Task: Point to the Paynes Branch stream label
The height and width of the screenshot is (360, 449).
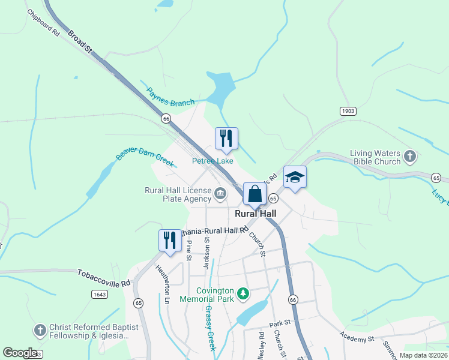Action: click(x=170, y=97)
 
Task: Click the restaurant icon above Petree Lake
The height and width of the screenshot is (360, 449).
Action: click(x=226, y=139)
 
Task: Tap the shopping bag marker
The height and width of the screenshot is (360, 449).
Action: click(x=255, y=194)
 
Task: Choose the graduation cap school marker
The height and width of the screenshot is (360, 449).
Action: click(x=295, y=177)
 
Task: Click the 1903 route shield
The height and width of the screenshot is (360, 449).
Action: click(x=348, y=111)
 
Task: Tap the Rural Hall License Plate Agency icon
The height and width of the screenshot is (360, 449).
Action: click(x=220, y=193)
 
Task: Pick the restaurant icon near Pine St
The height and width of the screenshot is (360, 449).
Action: click(x=170, y=240)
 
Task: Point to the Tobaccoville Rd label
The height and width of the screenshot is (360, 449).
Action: click(x=103, y=277)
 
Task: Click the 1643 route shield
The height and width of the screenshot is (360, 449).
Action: click(x=100, y=293)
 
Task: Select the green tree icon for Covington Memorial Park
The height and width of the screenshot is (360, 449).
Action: click(x=243, y=293)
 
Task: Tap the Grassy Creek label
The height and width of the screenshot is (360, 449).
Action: click(x=210, y=328)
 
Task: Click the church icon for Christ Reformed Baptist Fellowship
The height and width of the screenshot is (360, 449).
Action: click(x=40, y=331)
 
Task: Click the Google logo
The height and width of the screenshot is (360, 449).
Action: click(x=19, y=353)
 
